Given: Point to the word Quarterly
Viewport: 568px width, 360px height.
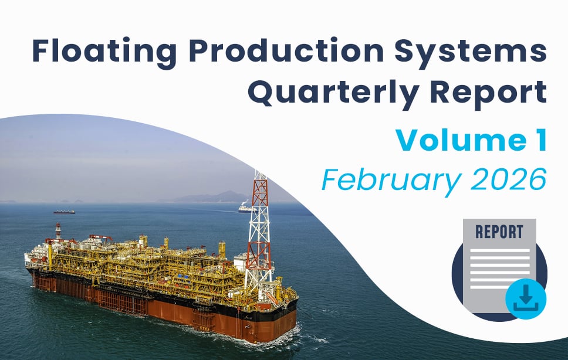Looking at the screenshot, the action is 334,93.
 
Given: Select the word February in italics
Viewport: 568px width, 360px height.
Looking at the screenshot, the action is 391,180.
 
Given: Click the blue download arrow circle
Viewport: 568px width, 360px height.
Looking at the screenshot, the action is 526,299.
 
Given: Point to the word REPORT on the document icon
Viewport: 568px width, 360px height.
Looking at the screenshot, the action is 499,232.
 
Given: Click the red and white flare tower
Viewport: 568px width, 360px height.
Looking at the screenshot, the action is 259,232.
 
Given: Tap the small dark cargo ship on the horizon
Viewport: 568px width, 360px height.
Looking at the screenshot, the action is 64,212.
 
